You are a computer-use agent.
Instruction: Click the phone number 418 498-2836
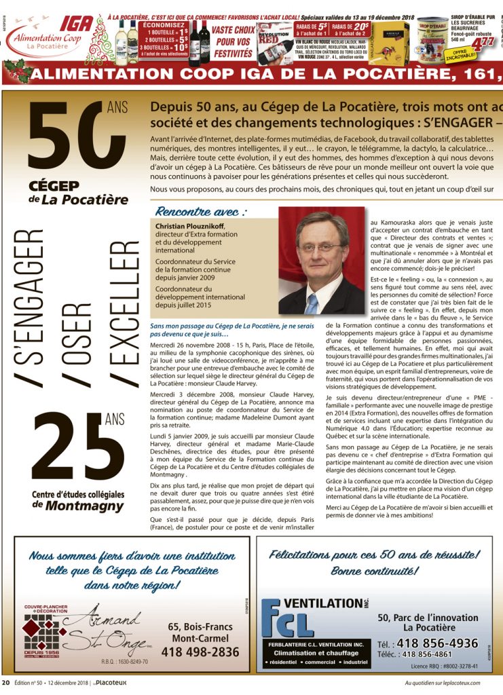(200, 652)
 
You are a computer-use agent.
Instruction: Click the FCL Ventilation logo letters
(288, 621)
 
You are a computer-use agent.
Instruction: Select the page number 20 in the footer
(5, 682)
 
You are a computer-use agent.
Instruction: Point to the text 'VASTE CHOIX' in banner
(234, 30)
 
